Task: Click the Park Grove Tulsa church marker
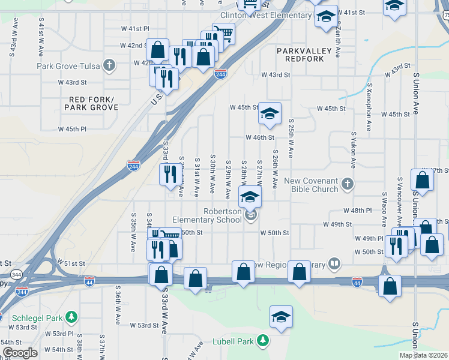click(109, 65)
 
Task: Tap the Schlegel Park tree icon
click(71, 316)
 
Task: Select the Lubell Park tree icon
click(262, 341)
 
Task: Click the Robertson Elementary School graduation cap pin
click(250, 197)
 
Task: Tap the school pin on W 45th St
click(270, 113)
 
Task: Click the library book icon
click(334, 263)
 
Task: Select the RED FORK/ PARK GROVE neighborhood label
click(91, 103)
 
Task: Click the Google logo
click(19, 353)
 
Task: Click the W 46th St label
click(259, 137)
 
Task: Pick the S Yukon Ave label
click(354, 150)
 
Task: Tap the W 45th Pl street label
click(72, 129)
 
